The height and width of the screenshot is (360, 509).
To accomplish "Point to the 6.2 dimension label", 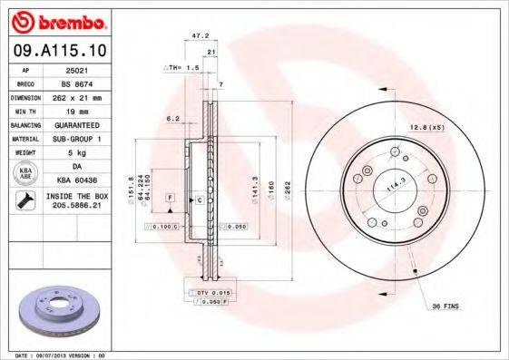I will (x=172, y=118).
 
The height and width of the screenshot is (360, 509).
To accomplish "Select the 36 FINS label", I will (x=445, y=306).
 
